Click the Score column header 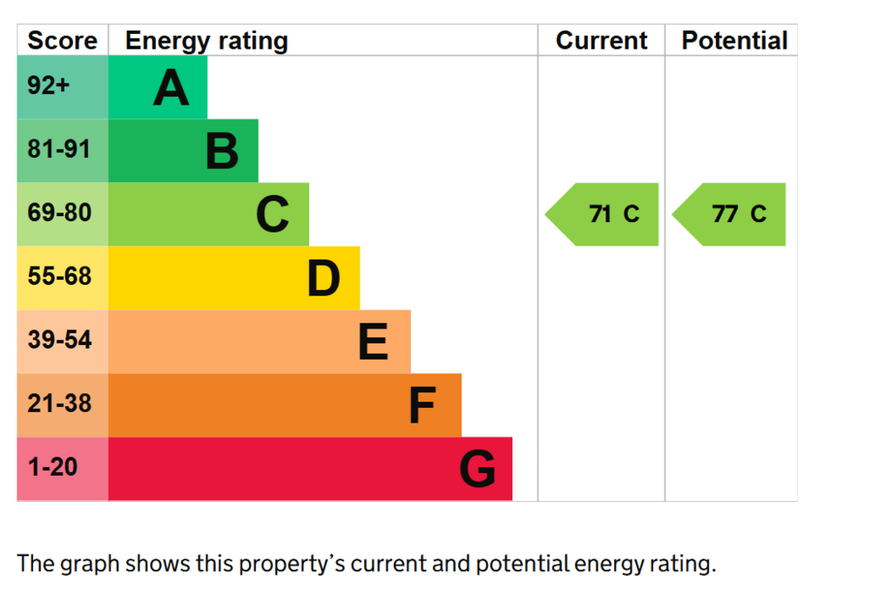pyautogui.click(x=63, y=40)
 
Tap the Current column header pyautogui.click(x=601, y=40)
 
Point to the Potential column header pyautogui.click(x=734, y=40)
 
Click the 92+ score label pyautogui.click(x=49, y=85)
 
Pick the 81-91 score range pyautogui.click(x=59, y=149)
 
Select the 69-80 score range pyautogui.click(x=59, y=213)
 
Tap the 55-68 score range pyautogui.click(x=59, y=276)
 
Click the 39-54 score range pyautogui.click(x=59, y=340)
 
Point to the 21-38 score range pyautogui.click(x=59, y=403)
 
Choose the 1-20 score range pyautogui.click(x=52, y=467)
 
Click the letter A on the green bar pyautogui.click(x=172, y=88)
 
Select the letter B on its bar pyautogui.click(x=222, y=152)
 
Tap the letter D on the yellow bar pyautogui.click(x=324, y=278)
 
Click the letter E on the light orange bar pyautogui.click(x=373, y=342)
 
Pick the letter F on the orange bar pyautogui.click(x=422, y=405)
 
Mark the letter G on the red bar pyautogui.click(x=477, y=469)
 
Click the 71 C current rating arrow pyautogui.click(x=602, y=214)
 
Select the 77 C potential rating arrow pyautogui.click(x=729, y=214)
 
